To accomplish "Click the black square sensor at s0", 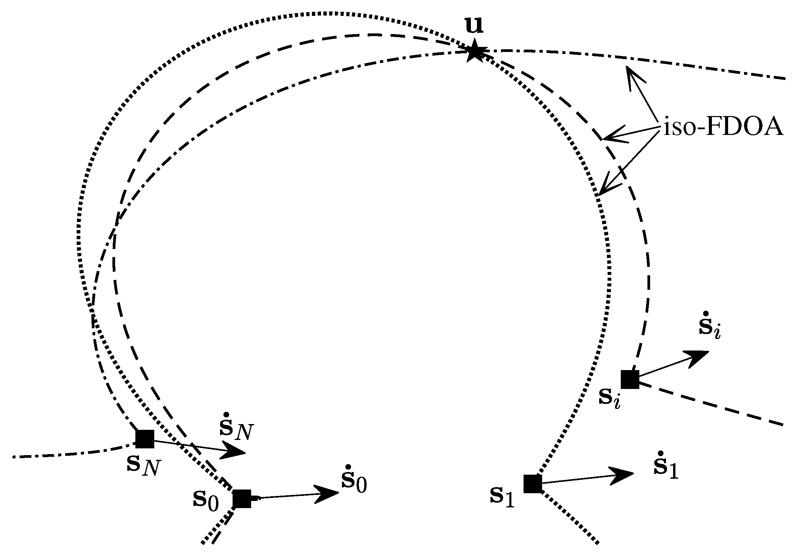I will pos(242,499).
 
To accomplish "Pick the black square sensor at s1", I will pos(533,484).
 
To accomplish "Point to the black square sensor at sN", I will pos(144,439).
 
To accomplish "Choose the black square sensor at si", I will pos(630,379).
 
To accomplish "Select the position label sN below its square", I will pos(143,465).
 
